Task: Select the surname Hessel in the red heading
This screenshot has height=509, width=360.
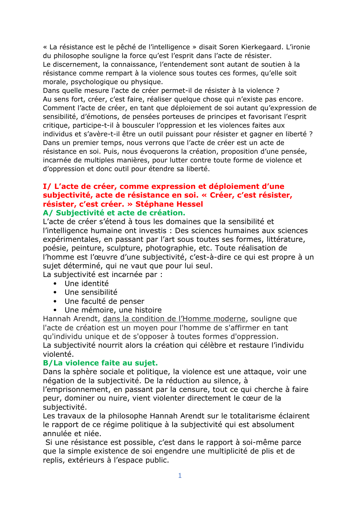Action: [189, 204]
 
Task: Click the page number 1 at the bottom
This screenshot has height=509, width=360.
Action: [180, 476]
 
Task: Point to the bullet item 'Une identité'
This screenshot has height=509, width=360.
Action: [87, 284]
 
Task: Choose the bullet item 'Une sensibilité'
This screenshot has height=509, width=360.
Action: [91, 292]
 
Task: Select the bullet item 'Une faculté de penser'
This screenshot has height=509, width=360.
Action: [104, 301]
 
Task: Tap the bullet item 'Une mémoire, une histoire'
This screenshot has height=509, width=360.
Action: [113, 310]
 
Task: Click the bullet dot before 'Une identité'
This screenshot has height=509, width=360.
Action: [55, 284]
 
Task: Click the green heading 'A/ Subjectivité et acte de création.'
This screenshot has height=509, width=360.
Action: [114, 213]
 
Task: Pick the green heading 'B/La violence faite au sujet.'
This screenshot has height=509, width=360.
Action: [100, 363]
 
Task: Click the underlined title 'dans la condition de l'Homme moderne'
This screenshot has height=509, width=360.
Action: [174, 319]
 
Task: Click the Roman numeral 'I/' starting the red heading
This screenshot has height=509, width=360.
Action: [47, 186]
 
